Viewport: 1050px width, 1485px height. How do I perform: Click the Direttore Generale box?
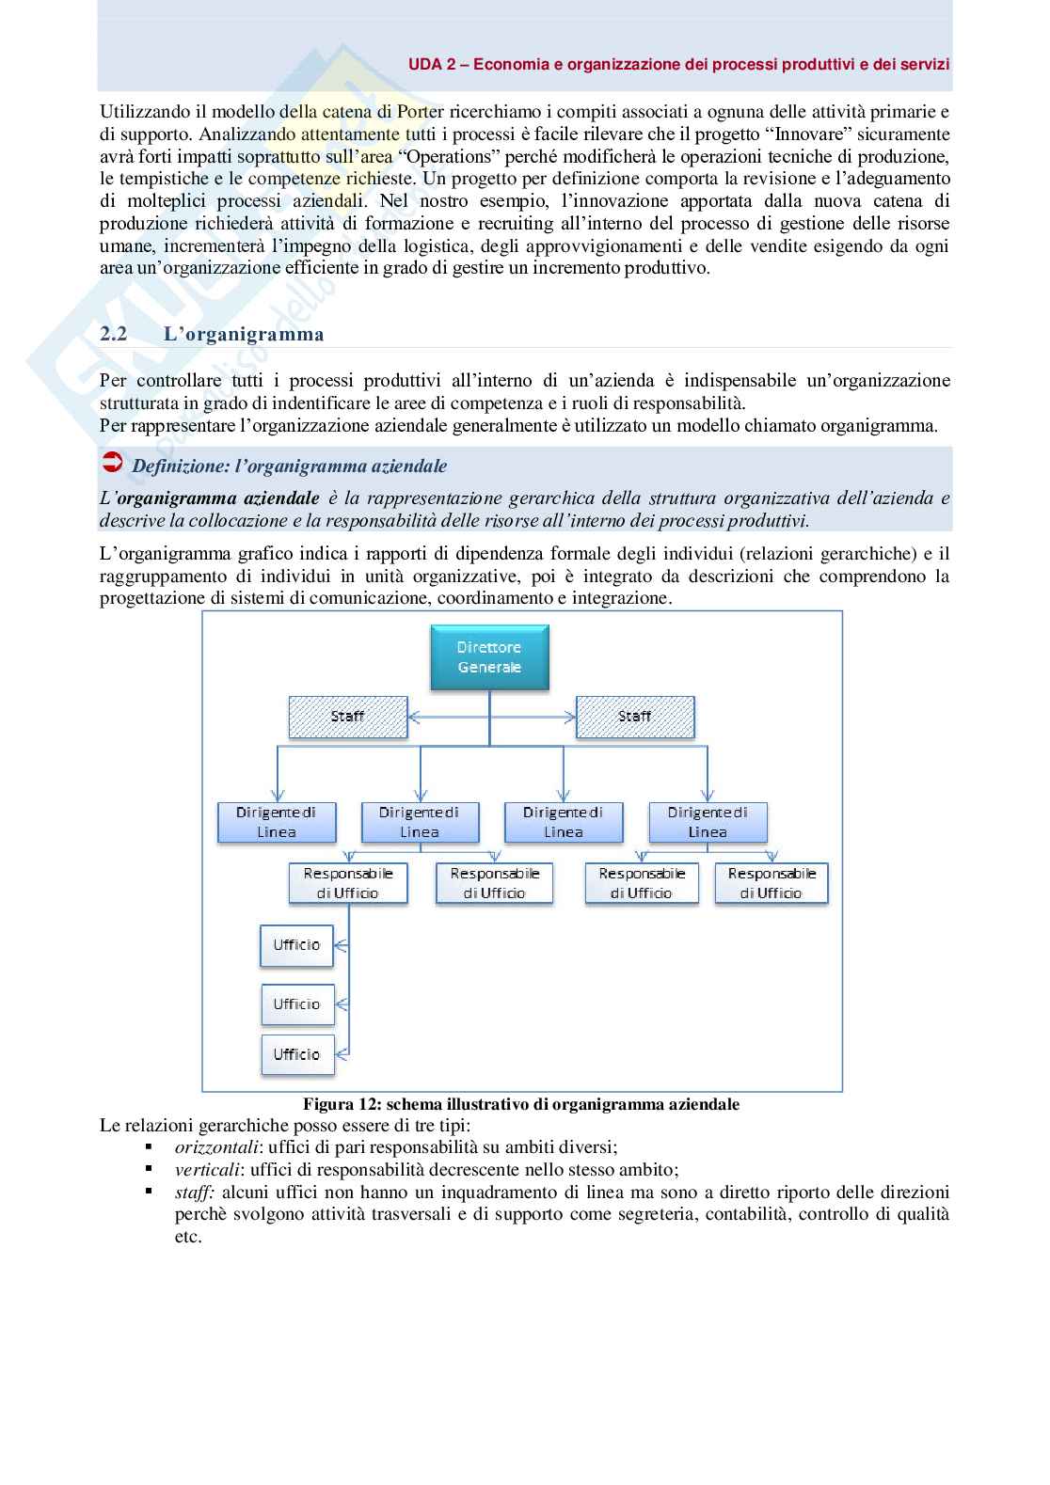tap(489, 657)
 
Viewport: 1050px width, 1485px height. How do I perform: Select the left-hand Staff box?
tap(347, 717)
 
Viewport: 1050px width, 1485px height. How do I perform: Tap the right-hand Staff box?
tap(634, 717)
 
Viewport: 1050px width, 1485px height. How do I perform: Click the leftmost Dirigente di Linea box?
tap(277, 822)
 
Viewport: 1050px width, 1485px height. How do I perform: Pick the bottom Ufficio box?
tap(297, 1054)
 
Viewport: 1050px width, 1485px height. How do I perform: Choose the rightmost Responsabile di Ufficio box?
tap(771, 883)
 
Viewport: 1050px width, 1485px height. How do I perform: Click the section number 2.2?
tap(114, 334)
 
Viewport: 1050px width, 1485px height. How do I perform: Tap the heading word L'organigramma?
tap(244, 334)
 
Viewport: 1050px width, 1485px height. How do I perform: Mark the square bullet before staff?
tap(149, 1192)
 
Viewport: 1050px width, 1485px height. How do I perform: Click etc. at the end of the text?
tap(188, 1237)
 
